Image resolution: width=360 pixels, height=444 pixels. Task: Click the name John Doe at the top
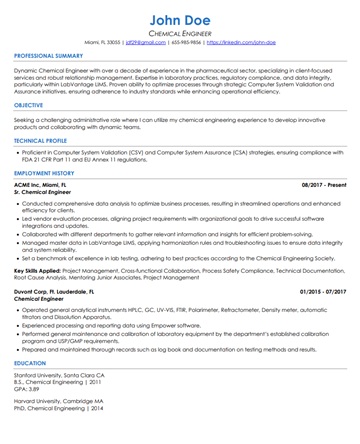coord(180,20)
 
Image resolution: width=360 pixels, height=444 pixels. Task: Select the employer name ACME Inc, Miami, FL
coord(43,185)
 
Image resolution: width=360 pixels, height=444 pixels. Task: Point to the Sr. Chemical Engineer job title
coord(46,192)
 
